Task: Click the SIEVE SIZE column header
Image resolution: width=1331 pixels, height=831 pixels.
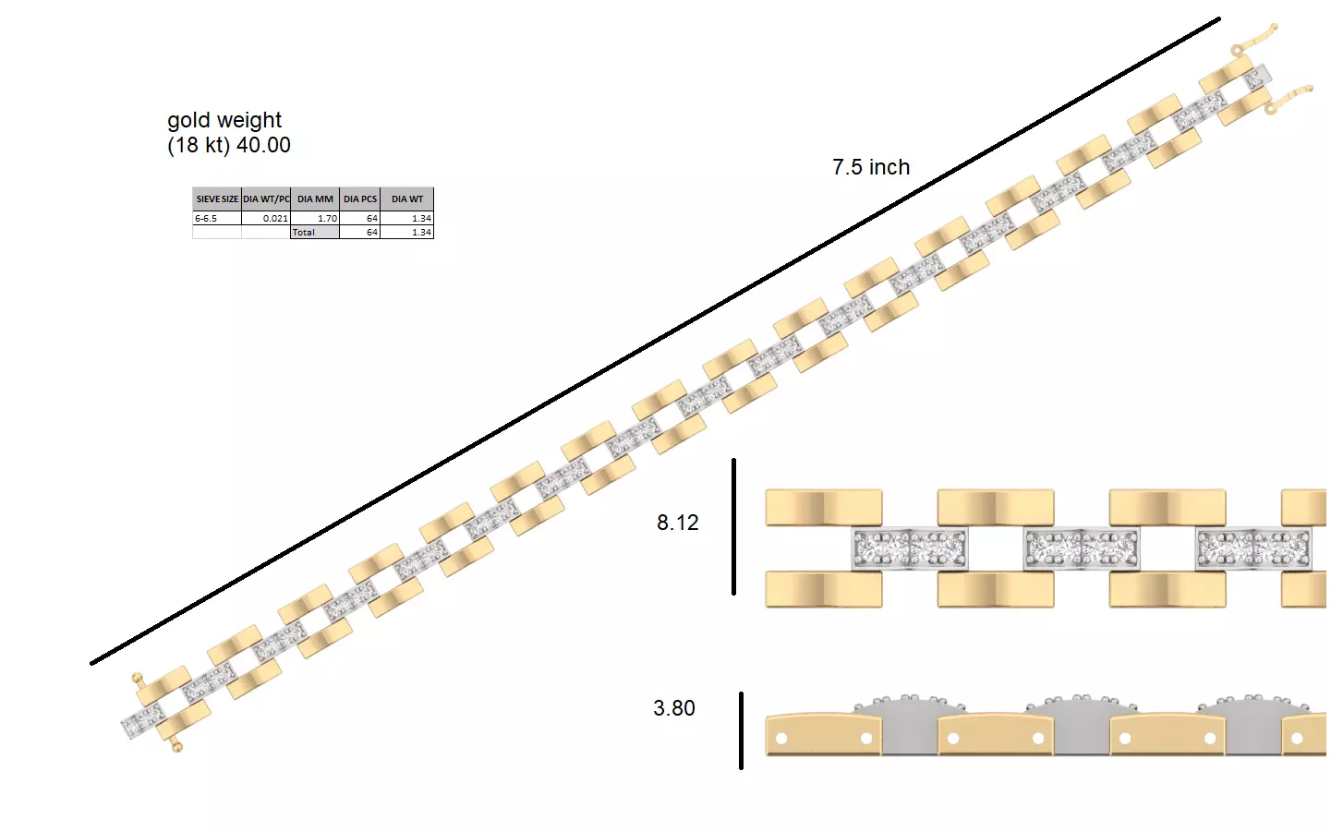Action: [x=217, y=199]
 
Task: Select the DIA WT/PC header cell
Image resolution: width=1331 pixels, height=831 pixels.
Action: [x=266, y=199]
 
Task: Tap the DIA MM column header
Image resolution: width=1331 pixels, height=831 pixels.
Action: [x=315, y=199]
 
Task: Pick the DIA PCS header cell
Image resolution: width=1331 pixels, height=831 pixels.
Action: [x=360, y=199]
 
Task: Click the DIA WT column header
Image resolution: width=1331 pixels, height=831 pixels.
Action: [x=407, y=199]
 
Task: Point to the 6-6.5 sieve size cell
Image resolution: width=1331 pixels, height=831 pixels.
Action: [x=206, y=219]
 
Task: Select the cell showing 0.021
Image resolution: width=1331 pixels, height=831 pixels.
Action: [x=275, y=219]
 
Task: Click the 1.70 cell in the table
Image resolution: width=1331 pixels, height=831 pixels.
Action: [x=327, y=219]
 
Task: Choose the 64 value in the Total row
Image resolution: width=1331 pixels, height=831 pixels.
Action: [x=372, y=233]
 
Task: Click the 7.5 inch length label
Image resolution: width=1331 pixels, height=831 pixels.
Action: [x=871, y=167]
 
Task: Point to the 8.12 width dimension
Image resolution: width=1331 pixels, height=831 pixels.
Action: [x=677, y=523]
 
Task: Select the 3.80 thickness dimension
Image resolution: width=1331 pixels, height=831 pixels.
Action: [x=674, y=708]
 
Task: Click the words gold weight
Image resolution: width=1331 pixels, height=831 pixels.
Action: [x=224, y=121]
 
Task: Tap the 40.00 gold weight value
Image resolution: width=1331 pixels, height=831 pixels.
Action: [x=263, y=145]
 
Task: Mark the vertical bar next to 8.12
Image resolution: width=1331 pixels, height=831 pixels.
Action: [x=733, y=526]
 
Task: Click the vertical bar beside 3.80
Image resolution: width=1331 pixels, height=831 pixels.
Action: [x=741, y=730]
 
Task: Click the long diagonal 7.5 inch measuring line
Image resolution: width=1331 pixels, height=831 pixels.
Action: [x=656, y=341]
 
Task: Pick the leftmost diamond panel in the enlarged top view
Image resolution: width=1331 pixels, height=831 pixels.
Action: [x=910, y=548]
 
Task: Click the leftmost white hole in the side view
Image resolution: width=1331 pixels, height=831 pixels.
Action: [x=782, y=739]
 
